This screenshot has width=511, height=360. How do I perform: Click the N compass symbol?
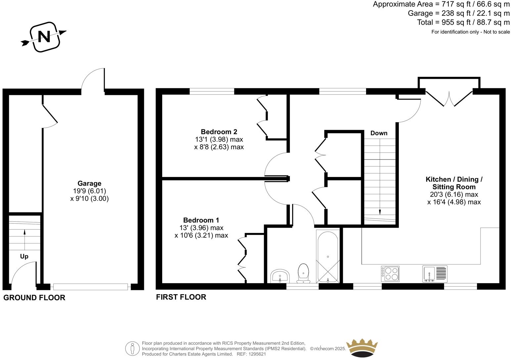pos(44,37)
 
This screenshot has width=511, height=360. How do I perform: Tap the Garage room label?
pos(89,183)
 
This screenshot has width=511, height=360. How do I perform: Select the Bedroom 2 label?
pos(219,132)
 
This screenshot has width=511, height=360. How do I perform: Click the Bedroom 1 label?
pos(201,220)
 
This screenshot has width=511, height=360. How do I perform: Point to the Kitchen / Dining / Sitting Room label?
pos(454,183)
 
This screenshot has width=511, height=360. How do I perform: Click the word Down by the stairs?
pos(379,133)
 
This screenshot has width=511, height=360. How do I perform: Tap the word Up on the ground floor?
pos(24,256)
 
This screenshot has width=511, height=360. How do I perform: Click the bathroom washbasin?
pos(280,276)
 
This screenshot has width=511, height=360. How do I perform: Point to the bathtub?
pos(328,256)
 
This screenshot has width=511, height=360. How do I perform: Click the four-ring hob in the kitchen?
pos(390,274)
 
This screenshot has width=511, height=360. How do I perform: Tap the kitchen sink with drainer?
pos(435,274)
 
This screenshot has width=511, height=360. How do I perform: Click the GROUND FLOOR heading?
pos(34,297)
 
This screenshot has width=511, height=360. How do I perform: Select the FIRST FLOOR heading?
pos(181,297)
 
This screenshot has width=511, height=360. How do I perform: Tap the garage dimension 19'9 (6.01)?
pos(89,191)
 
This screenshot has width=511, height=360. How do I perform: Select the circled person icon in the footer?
pos(132,348)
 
